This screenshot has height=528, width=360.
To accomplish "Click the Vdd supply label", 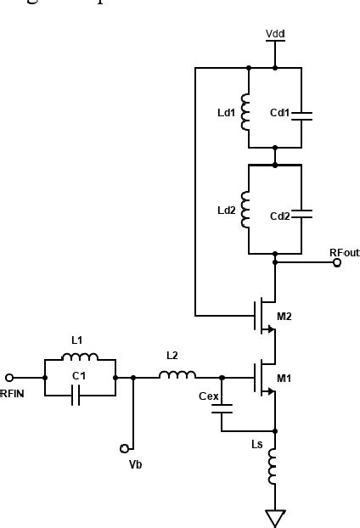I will pyautogui.click(x=275, y=33).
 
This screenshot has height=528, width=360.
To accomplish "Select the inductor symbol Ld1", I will pyautogui.click(x=247, y=113).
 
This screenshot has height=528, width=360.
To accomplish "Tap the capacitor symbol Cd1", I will pyautogui.click(x=301, y=116).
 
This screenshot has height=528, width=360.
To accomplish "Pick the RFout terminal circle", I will pyautogui.click(x=337, y=263).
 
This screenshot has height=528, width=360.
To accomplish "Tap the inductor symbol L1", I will pyautogui.click(x=80, y=357).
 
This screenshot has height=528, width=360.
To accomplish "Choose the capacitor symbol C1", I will pyautogui.click(x=76, y=396).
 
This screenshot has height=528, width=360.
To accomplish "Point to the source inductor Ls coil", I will pyautogui.click(x=274, y=466).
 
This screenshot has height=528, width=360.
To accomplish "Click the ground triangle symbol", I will pyautogui.click(x=274, y=517).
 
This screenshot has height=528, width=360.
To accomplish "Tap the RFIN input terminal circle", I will pyautogui.click(x=9, y=377).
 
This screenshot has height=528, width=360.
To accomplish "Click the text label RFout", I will pyautogui.click(x=344, y=252).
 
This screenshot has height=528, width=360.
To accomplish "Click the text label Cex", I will pyautogui.click(x=209, y=396).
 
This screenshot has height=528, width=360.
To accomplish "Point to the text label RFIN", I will pyautogui.click(x=13, y=393).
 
